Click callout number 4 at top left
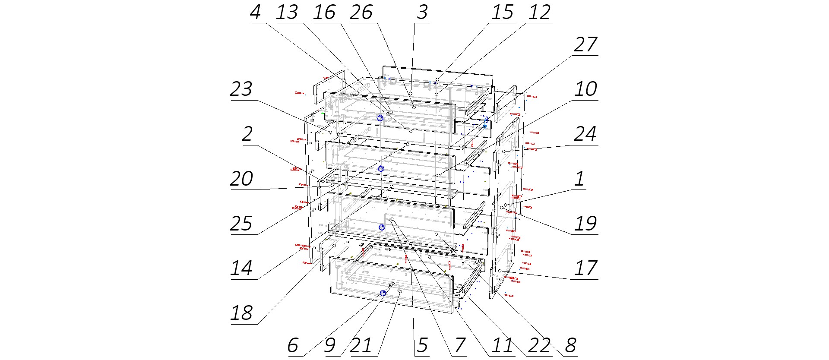[256, 13]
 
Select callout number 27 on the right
[585, 45]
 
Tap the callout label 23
[241, 89]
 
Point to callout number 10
[585, 89]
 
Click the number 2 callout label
[247, 134]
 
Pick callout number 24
[585, 134]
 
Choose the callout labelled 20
[241, 179]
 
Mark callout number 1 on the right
[580, 179]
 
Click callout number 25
[241, 224]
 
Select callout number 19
[585, 224]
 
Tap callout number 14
[241, 268]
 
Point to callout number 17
[585, 268]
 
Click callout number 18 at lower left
[241, 313]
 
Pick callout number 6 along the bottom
[293, 345]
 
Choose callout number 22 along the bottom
[540, 345]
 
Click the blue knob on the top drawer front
[380, 118]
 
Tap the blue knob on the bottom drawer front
[383, 294]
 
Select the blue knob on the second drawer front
[381, 169]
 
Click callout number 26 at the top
[361, 13]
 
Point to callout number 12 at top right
[540, 13]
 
